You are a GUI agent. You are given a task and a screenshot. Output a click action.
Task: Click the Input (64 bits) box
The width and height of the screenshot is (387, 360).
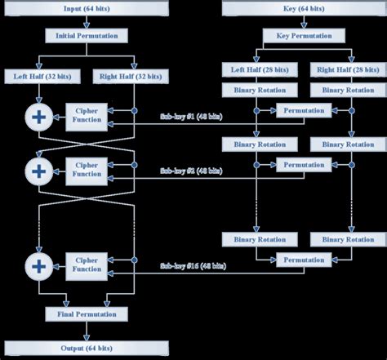87,9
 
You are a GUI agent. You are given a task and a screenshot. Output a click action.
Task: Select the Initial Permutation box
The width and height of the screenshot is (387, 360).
87,37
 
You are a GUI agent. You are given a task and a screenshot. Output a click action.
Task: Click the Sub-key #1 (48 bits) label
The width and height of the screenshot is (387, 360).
190,117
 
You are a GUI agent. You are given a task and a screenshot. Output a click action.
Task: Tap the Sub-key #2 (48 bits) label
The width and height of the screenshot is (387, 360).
190,171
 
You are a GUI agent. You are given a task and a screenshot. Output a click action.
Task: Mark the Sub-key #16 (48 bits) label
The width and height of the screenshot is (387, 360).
190,265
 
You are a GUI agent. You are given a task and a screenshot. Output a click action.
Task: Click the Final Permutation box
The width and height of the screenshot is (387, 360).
87,313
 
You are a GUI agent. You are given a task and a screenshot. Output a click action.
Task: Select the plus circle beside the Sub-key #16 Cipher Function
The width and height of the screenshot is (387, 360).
38,264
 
